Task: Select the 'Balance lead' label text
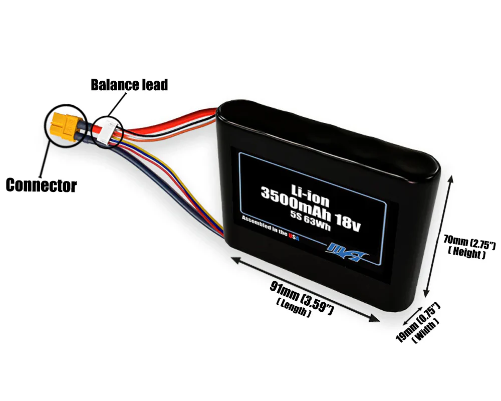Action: pyautogui.click(x=129, y=85)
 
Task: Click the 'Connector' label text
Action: pyautogui.click(x=41, y=185)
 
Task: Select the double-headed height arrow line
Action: pyautogui.click(x=439, y=235)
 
